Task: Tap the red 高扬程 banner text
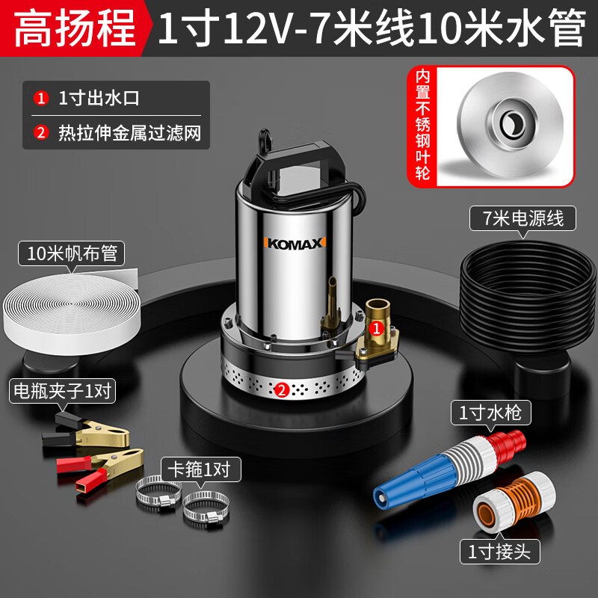point(75,28)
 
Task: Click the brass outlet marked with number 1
point(377,328)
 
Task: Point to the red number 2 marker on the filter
point(282,389)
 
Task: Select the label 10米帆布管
point(72,253)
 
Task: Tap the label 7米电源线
point(523,218)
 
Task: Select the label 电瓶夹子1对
point(62,390)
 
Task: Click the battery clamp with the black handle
point(86,431)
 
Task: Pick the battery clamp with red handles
point(100,469)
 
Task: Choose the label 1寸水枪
point(490,413)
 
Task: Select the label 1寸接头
point(499,552)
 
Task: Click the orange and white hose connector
point(514,502)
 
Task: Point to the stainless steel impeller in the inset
point(511,124)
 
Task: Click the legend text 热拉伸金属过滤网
point(129,133)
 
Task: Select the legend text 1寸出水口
point(99,99)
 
